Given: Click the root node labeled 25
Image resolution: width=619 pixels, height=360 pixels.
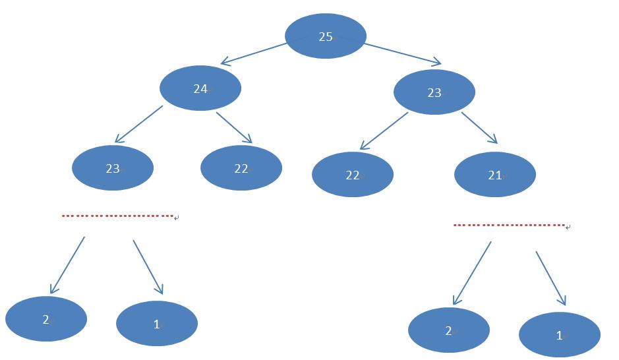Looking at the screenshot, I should [x=326, y=36].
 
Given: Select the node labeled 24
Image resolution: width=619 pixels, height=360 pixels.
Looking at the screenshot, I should [x=200, y=88].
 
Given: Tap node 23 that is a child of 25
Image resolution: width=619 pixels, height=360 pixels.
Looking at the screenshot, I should [x=434, y=92].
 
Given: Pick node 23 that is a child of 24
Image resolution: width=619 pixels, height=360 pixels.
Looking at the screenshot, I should [x=113, y=168].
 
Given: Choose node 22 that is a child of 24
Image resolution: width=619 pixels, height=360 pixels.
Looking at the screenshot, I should [x=241, y=168].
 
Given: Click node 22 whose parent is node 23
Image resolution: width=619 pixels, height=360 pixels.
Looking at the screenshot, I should [x=353, y=175].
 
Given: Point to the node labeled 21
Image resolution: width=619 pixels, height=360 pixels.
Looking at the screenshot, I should [x=495, y=175].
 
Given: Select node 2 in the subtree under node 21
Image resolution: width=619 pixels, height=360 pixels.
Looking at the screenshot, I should [x=449, y=330].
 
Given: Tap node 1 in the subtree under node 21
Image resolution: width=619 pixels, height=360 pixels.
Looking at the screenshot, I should [x=560, y=335].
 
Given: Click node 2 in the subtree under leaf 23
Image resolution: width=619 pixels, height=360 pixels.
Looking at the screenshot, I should [x=46, y=319].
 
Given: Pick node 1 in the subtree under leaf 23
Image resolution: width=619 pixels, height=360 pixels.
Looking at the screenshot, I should [x=157, y=323].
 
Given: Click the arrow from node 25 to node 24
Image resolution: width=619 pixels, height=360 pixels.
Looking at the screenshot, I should [x=254, y=54].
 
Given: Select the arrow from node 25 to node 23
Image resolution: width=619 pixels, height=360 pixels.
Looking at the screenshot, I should [x=403, y=55].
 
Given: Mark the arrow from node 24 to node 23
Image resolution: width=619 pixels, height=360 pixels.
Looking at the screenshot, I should [x=138, y=124].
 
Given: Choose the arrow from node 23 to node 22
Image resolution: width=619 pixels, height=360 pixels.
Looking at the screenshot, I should [x=384, y=131].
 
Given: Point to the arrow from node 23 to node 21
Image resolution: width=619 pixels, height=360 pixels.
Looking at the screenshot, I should [x=479, y=128].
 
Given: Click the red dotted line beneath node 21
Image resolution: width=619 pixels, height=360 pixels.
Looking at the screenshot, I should [x=509, y=225].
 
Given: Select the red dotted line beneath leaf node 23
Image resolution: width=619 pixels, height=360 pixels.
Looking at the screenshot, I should [x=117, y=216].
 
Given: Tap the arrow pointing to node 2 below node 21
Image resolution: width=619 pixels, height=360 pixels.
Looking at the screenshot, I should [x=472, y=273].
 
